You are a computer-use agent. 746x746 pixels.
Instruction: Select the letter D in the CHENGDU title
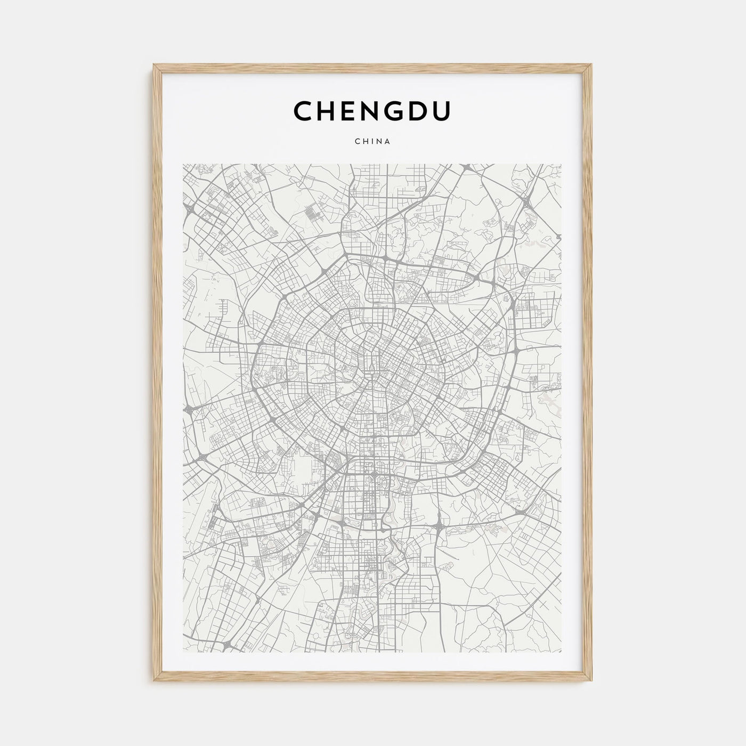pos(418,111)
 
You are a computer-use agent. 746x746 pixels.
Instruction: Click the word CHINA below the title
pos(372,142)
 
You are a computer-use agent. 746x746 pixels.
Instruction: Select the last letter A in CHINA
pos(388,142)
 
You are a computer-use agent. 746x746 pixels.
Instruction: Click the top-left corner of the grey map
pos(183,164)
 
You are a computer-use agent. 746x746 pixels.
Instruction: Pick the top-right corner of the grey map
pos(563,164)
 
